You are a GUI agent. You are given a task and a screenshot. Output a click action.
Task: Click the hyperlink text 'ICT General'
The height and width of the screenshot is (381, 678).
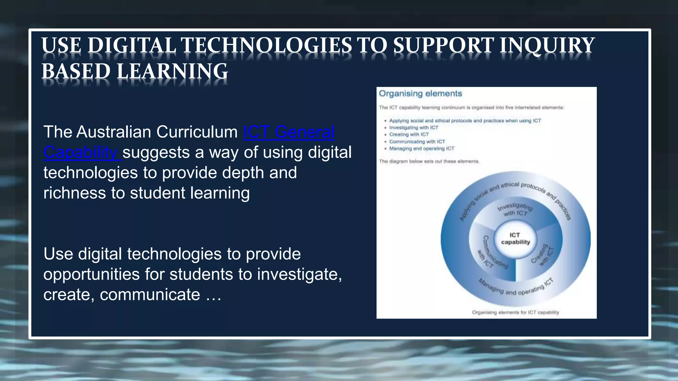(x=289, y=132)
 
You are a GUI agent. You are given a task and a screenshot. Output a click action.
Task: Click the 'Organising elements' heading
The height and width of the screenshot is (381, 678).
(x=420, y=94)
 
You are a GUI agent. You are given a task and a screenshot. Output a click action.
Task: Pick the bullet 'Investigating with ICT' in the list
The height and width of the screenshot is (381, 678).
(x=413, y=128)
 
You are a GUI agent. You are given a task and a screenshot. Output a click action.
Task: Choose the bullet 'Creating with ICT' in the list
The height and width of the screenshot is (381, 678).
(x=409, y=135)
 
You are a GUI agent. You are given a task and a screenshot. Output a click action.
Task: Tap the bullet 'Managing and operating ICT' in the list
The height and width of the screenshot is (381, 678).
(x=422, y=148)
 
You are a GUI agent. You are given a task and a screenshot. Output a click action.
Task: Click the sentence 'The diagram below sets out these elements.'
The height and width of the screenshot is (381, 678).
(x=429, y=161)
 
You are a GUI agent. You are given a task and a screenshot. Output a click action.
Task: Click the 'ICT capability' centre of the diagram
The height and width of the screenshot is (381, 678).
(x=515, y=238)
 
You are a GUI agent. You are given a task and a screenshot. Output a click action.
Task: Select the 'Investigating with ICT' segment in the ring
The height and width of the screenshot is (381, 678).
(x=515, y=210)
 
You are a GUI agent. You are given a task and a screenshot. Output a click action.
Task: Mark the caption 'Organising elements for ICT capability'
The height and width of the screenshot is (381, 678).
(x=515, y=312)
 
